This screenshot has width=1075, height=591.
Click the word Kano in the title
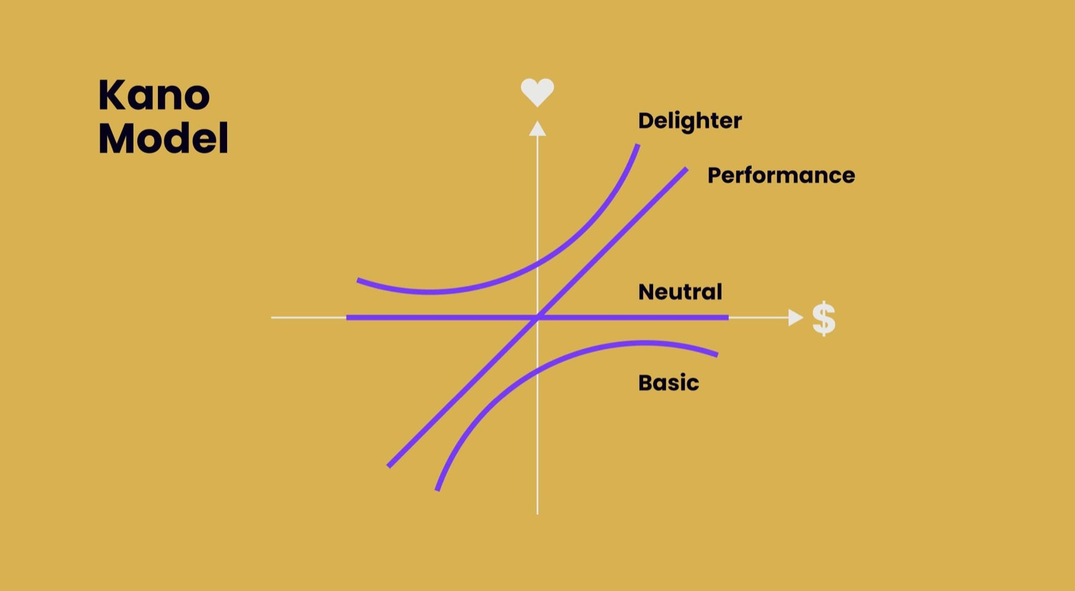click(154, 95)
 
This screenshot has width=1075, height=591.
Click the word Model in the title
click(163, 138)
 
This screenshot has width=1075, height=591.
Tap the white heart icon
click(537, 91)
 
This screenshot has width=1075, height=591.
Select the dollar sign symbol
click(824, 318)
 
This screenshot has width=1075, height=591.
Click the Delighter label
click(689, 121)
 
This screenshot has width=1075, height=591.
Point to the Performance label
click(781, 175)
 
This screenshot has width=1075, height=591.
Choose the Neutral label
click(680, 291)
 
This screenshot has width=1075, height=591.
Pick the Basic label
click(669, 383)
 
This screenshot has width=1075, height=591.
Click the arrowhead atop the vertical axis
click(537, 128)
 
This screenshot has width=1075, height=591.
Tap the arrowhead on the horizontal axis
click(795, 318)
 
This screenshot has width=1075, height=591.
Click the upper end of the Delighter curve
click(638, 144)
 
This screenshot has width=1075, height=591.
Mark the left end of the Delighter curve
click(357, 279)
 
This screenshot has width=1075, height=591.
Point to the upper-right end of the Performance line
click(687, 169)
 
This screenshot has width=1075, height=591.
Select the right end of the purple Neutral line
click(728, 318)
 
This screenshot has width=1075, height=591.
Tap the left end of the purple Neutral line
click(347, 318)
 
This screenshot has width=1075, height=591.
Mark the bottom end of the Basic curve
click(437, 490)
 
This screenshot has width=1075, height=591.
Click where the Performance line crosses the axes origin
click(537, 317)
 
